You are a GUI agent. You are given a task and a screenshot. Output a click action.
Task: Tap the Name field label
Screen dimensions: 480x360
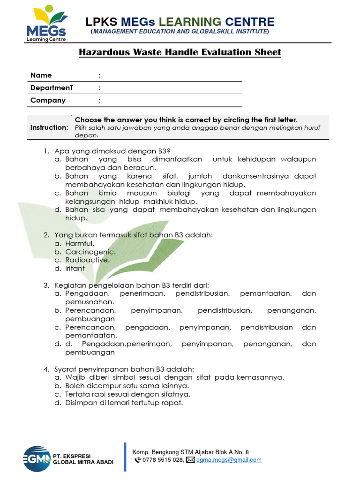[41, 75]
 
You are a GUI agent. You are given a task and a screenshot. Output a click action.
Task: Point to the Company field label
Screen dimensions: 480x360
[48, 100]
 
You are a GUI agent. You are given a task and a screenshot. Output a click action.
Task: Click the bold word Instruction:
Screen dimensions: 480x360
[49, 127]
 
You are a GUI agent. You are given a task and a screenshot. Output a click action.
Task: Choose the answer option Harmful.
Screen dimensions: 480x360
[80, 243]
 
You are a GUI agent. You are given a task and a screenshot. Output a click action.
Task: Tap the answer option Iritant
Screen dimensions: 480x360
[75, 269]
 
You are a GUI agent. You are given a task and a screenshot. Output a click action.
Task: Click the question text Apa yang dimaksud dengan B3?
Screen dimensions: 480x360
[112, 151]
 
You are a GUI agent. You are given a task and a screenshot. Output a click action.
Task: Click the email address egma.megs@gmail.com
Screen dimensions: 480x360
[229, 460]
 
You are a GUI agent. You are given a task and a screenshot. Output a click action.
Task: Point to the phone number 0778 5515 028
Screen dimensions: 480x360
[163, 460]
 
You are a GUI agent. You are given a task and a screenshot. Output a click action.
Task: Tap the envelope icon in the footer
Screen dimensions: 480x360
[190, 460]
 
